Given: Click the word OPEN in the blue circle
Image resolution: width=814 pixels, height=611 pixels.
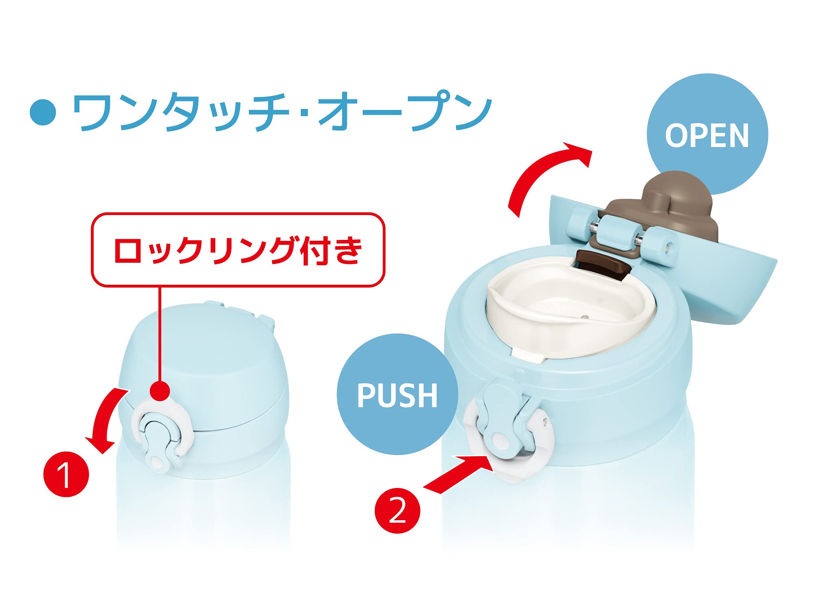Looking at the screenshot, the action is [707, 135].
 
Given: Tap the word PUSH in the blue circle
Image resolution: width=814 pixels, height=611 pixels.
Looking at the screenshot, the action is [397, 395].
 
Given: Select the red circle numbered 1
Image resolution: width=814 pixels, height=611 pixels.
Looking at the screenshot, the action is [66, 474].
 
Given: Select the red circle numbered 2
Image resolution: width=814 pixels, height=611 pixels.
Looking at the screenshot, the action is [397, 510].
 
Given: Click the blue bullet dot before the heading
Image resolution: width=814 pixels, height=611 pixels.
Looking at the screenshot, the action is [43, 112].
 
